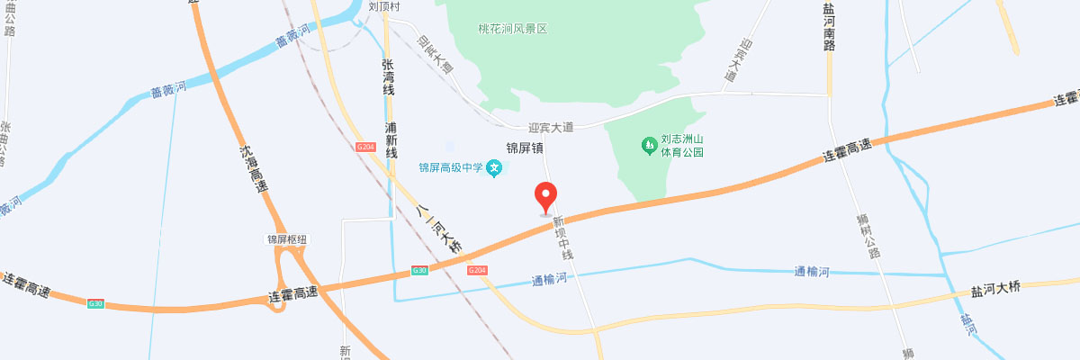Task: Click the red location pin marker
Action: point(546,194)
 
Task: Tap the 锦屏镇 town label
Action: point(525,147)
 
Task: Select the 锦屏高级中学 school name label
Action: point(451,167)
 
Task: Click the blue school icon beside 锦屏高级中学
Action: point(494,167)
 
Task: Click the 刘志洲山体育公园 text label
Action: point(682,146)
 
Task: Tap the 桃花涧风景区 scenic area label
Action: point(512,29)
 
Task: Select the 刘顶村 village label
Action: point(383,6)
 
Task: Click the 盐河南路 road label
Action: point(828,26)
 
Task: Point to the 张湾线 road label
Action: point(388,76)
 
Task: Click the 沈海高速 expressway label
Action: point(255,169)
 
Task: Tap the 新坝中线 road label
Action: point(563,238)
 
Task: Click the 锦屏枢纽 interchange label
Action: point(287,239)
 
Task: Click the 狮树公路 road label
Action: point(868,236)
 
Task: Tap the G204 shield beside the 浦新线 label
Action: point(365,147)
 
